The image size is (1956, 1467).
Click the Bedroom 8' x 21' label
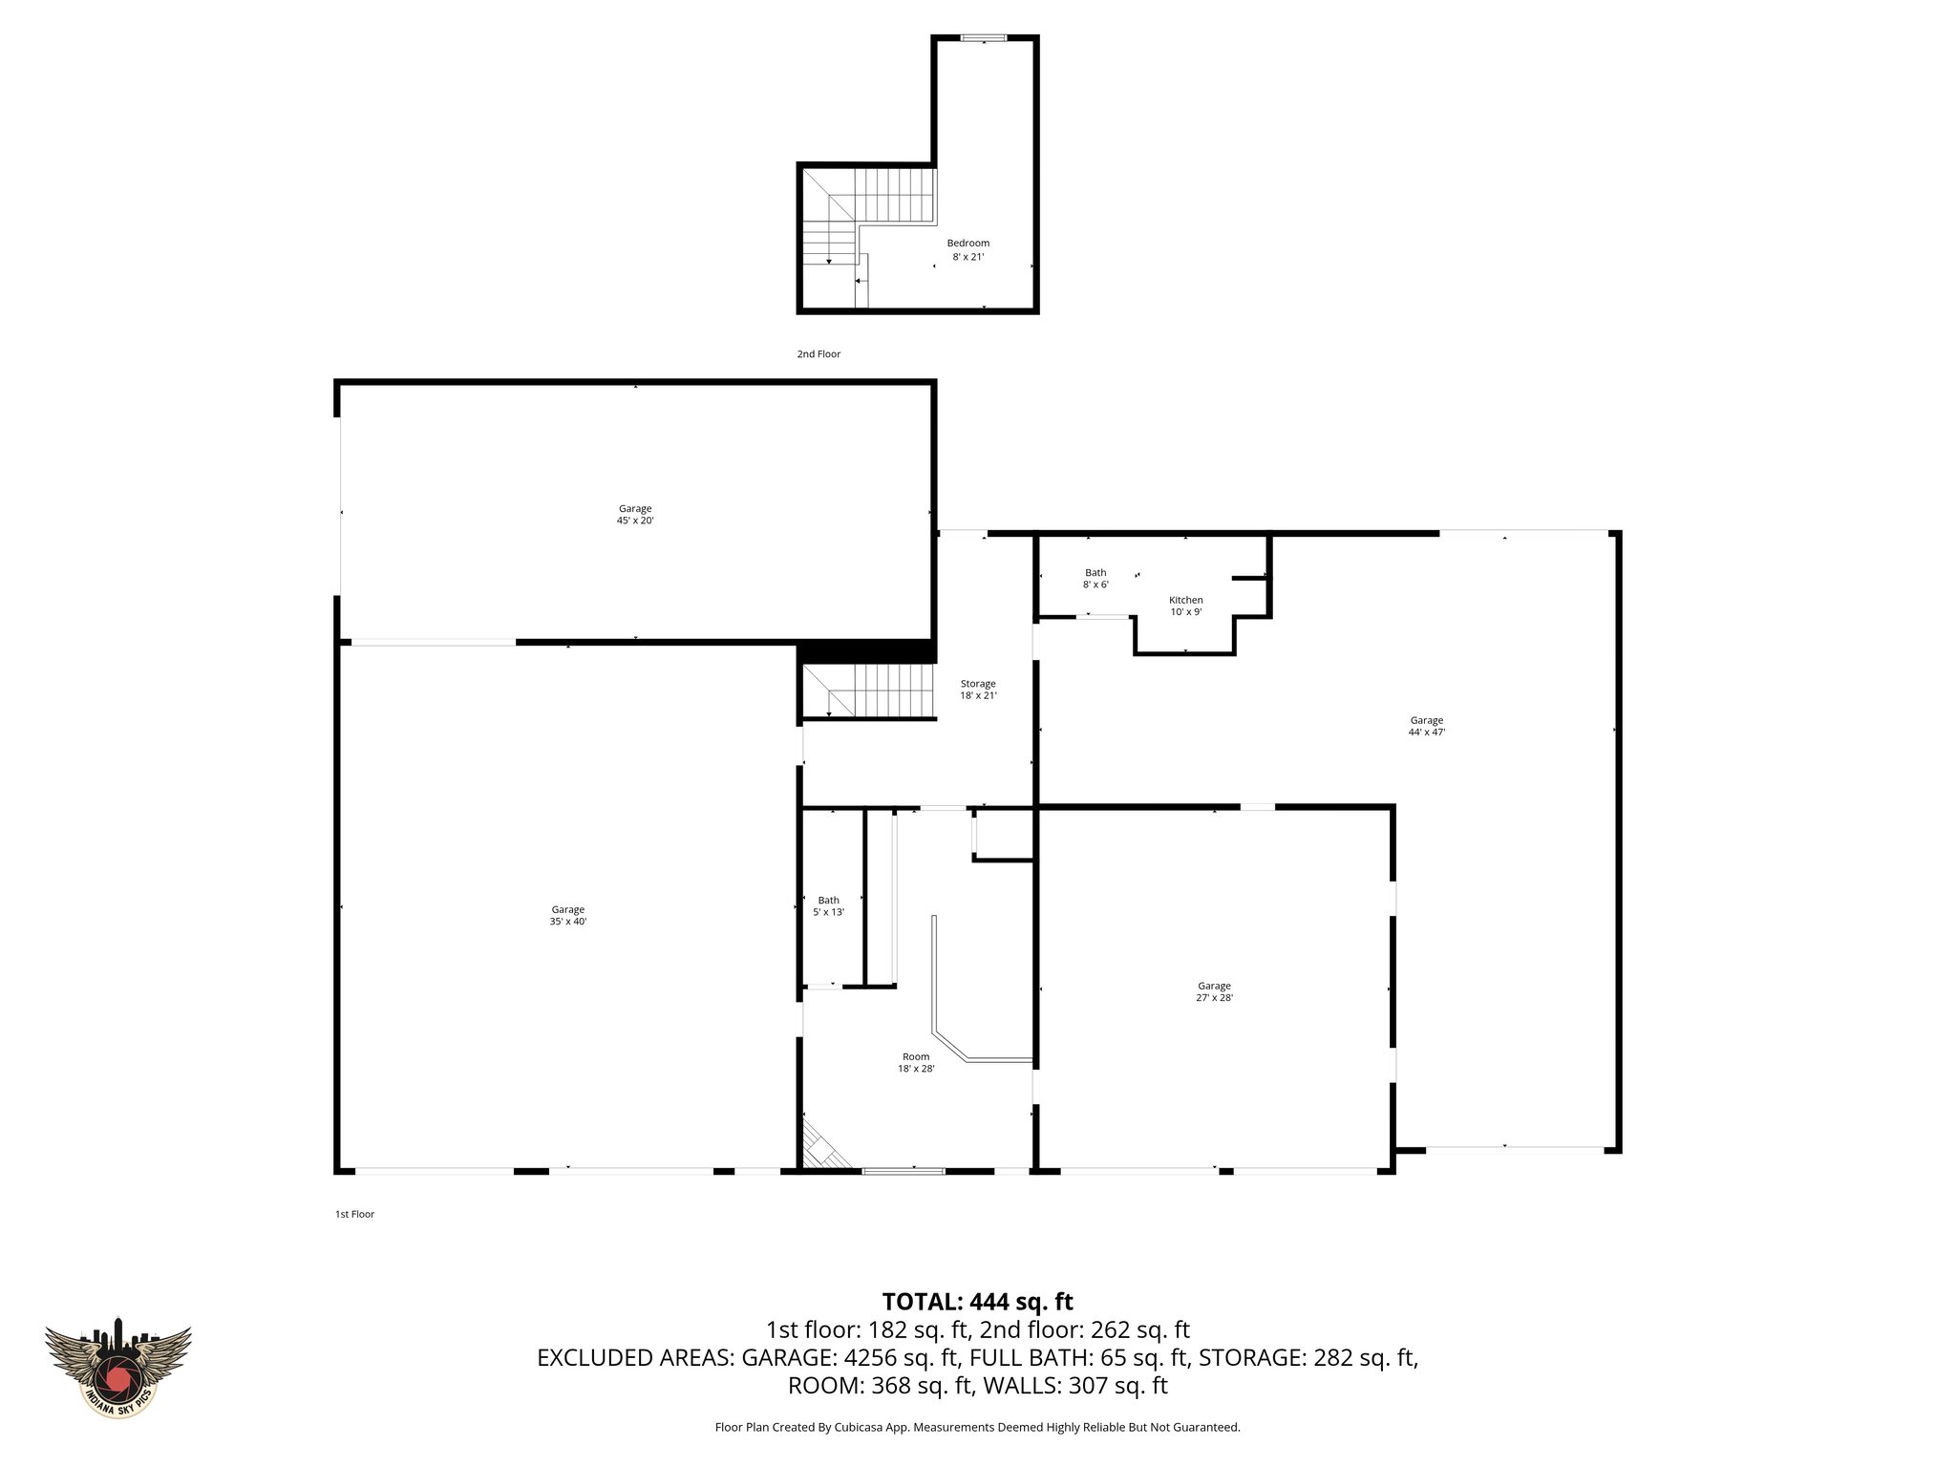point(967,249)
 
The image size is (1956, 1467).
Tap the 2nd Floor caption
point(819,354)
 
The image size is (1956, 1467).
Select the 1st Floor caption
point(354,1214)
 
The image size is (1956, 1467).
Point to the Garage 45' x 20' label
point(634,515)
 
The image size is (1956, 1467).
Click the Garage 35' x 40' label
point(567,915)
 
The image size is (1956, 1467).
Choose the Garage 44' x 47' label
point(1426,726)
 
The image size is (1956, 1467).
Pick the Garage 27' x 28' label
point(1214,991)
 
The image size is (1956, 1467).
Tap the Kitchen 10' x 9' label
point(1185,606)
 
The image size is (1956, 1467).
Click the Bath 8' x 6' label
point(1095,578)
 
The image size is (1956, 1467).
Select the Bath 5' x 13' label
point(828,905)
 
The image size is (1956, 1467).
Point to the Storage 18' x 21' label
point(978,690)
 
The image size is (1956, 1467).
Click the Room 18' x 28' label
point(915,1062)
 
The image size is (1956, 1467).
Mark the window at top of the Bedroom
point(983,38)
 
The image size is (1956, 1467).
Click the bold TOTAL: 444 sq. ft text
point(977,1302)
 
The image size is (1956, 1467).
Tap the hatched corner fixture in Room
point(820,1149)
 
